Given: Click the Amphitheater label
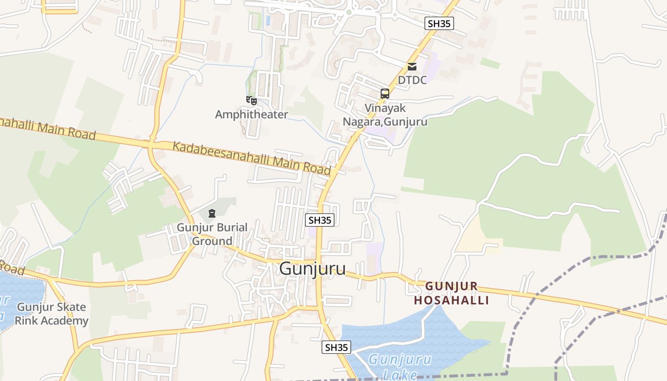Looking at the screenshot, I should pos(252,114).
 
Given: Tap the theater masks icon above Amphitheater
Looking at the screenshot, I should pos(252,100).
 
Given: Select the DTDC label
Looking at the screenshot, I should pos(412,80).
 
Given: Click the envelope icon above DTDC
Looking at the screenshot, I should pos(412,67).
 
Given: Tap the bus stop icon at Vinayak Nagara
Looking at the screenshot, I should pos(385,94).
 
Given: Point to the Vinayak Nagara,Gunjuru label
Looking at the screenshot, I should pos(385,115).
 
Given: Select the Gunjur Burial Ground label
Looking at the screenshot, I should pos(212,234).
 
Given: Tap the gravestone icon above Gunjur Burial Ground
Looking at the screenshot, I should pos(212,213).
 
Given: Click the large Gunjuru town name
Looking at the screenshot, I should pos(313,269).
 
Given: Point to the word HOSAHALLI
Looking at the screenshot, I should pos(452,301).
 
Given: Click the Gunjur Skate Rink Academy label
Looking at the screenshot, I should pos(51,314).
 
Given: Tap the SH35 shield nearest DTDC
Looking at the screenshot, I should pos(439,23).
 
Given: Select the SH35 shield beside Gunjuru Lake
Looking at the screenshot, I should pos(336,347).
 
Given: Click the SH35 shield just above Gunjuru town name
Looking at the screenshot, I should pos(320,220).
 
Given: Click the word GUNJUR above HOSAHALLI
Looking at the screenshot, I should pos(452,286).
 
